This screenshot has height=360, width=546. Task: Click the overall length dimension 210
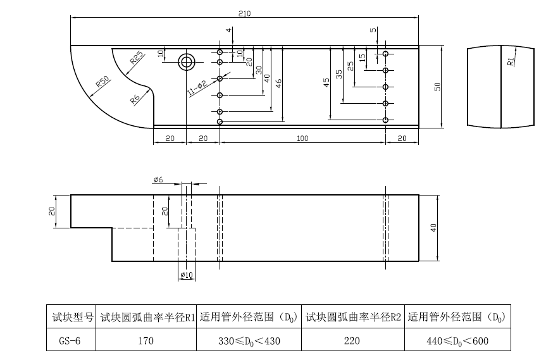(244, 14)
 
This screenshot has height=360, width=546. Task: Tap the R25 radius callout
(136, 59)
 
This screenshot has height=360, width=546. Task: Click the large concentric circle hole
(187, 62)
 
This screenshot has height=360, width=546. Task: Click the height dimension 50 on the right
(437, 87)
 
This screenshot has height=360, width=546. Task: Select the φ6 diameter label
(158, 180)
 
